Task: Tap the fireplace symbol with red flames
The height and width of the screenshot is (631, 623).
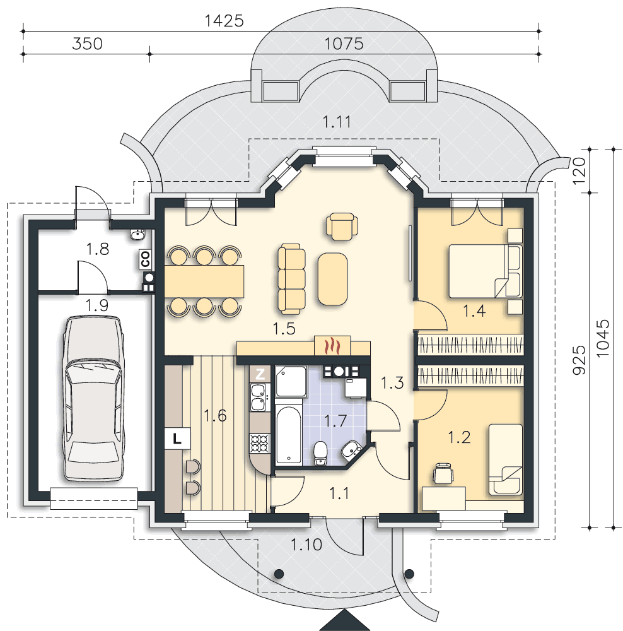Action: [x=332, y=345]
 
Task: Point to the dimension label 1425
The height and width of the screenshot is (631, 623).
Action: [x=224, y=21]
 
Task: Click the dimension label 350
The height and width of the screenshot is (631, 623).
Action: [x=87, y=44]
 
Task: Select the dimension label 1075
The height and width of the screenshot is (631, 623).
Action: [x=344, y=44]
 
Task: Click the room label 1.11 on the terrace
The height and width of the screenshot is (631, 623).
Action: [x=337, y=122]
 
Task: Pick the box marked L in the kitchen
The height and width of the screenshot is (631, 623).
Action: [x=177, y=439]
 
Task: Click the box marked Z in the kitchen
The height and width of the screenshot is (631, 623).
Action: [x=260, y=374]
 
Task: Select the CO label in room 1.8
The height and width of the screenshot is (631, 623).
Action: [x=145, y=259]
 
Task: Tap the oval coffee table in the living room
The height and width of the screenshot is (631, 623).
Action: [x=332, y=279]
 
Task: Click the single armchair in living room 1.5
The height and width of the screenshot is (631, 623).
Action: [x=342, y=226]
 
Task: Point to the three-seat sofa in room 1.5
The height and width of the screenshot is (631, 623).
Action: [x=291, y=278]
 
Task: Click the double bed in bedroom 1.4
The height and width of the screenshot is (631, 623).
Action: [x=486, y=271]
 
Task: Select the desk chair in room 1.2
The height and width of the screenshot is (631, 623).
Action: [x=443, y=473]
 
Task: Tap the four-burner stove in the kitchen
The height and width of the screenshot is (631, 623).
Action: [x=260, y=444]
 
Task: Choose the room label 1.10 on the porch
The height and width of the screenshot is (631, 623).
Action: [x=306, y=545]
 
